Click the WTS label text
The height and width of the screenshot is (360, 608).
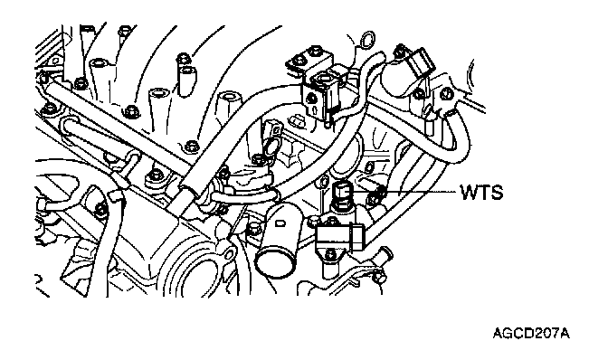pyautogui.click(x=481, y=192)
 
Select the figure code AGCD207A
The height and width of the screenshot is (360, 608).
pyautogui.click(x=531, y=333)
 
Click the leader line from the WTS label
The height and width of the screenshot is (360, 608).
pyautogui.click(x=403, y=192)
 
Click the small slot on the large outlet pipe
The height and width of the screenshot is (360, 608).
pyautogui.click(x=280, y=223)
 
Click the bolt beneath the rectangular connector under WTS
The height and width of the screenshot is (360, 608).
pyautogui.click(x=330, y=254)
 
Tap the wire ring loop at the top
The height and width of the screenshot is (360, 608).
pyautogui.click(x=367, y=39)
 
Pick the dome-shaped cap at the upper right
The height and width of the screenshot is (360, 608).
pyautogui.click(x=399, y=79)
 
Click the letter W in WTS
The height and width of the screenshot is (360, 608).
pyautogui.click(x=470, y=192)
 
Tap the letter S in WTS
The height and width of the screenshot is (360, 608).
pyautogui.click(x=498, y=192)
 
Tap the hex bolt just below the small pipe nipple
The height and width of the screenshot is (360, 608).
pyautogui.click(x=380, y=277)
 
